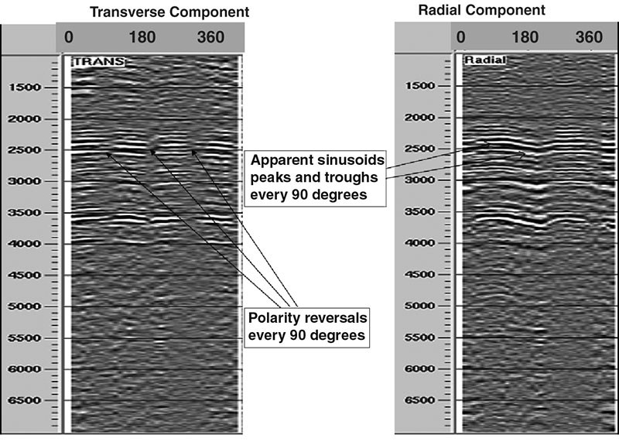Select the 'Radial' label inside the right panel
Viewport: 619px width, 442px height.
pyautogui.click(x=484, y=61)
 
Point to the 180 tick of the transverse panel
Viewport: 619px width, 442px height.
pyautogui.click(x=144, y=36)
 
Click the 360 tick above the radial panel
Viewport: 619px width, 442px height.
pyautogui.click(x=590, y=36)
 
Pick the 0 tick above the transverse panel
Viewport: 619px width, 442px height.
pyautogui.click(x=68, y=36)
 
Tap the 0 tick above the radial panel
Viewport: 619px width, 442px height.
pyautogui.click(x=461, y=36)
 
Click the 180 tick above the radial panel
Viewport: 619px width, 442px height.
pyautogui.click(x=526, y=36)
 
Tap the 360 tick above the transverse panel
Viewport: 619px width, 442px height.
pyautogui.click(x=210, y=36)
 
